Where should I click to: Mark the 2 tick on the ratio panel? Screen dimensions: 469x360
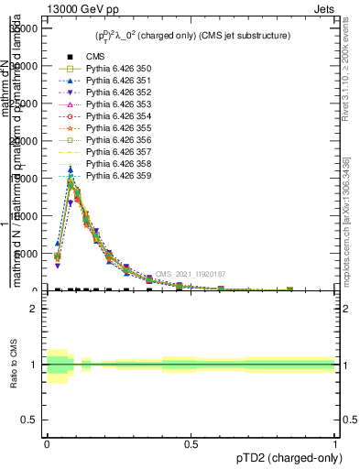click(x=33, y=309)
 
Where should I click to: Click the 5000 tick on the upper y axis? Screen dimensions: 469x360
click(x=26, y=254)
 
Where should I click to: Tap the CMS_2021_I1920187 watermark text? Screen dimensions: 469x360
click(x=190, y=274)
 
